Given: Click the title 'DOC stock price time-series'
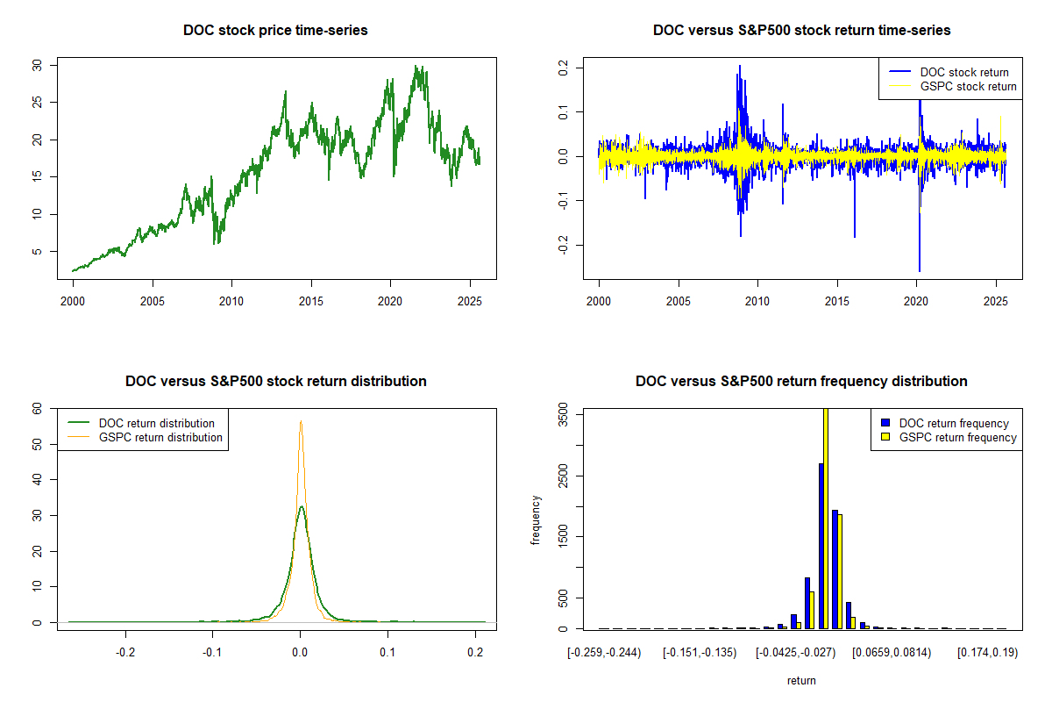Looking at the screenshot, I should (x=275, y=31).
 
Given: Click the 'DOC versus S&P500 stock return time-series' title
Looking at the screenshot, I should (x=801, y=31).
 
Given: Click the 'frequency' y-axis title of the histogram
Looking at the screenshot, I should (x=536, y=519).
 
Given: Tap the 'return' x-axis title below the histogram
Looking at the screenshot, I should (x=801, y=680).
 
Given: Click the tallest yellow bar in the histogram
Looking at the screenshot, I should (x=825, y=518).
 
